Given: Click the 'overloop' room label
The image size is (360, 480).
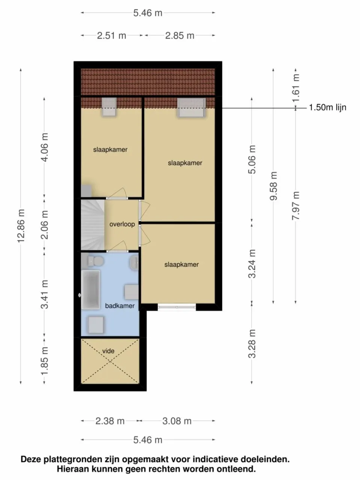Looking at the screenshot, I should click(122, 224).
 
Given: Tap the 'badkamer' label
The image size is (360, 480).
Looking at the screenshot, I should click(120, 306).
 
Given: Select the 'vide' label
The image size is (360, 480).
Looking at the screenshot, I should click(108, 351).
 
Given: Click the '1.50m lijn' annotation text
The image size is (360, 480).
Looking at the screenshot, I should click(327, 108).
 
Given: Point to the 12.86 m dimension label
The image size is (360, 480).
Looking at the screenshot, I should click(21, 226).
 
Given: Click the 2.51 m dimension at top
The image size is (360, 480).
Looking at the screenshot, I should click(111, 36).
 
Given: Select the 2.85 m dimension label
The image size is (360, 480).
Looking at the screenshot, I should click(180, 36).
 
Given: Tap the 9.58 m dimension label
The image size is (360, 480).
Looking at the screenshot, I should click(274, 186).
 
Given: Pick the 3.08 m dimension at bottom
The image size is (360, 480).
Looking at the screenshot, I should click(177, 421).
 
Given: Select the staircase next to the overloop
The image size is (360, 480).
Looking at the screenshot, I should click(92, 224).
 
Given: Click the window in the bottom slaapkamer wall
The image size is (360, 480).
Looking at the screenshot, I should click(177, 307).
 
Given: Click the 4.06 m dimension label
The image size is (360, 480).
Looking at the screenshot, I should click(45, 147).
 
